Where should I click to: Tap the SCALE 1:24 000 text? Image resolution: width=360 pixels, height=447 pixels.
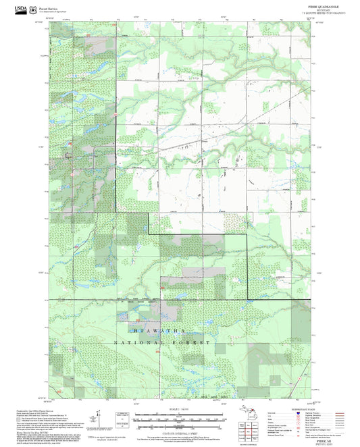pyautogui.click(x=180, y=410)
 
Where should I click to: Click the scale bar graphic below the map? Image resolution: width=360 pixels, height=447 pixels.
pyautogui.click(x=180, y=417)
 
